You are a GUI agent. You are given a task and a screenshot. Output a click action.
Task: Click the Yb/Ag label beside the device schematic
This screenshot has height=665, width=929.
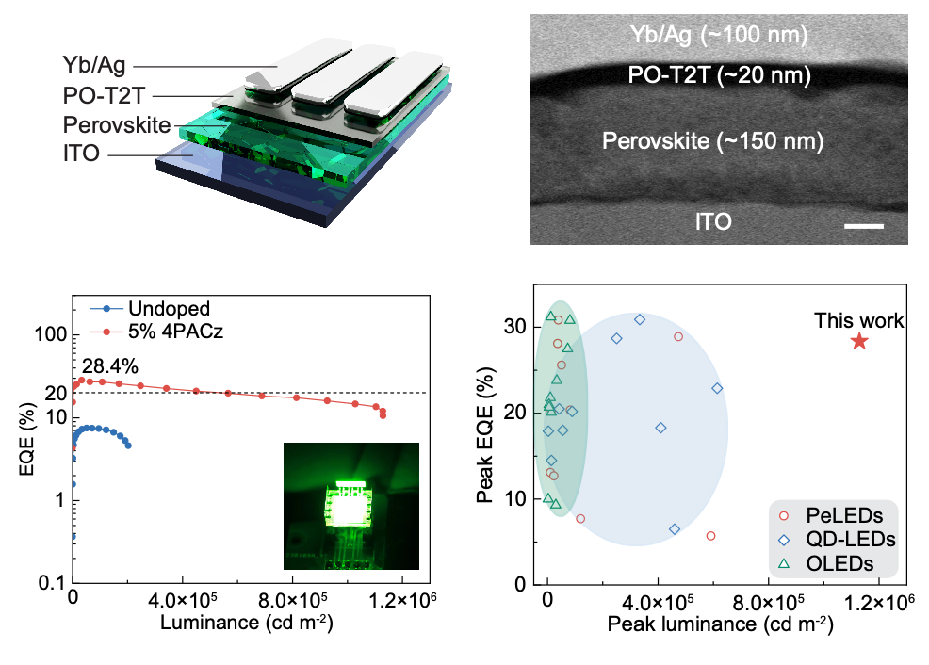94,66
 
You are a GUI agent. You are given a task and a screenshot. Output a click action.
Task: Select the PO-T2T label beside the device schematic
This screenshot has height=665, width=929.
106,95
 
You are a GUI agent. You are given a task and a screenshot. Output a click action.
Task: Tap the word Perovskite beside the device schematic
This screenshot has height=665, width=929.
117,124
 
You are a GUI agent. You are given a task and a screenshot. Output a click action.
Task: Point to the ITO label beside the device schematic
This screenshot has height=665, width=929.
81,154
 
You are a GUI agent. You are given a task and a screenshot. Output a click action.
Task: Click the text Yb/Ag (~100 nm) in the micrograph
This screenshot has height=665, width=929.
719,36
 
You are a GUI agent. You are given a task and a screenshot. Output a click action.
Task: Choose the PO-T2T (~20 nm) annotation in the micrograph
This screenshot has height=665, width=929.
719,74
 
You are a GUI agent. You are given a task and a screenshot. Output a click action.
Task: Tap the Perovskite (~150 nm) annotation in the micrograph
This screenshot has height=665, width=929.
712,141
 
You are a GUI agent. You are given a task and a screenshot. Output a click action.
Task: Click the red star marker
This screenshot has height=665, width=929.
859,341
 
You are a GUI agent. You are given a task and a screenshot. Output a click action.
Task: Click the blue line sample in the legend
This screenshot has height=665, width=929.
106,308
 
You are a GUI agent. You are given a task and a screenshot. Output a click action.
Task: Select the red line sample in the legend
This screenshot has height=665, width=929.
106,332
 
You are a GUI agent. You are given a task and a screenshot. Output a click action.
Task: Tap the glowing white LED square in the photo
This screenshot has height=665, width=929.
350,510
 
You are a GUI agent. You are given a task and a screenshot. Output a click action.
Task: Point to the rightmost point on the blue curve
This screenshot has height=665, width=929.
128,446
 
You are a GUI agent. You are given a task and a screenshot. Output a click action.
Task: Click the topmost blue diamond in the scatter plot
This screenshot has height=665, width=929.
640,319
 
